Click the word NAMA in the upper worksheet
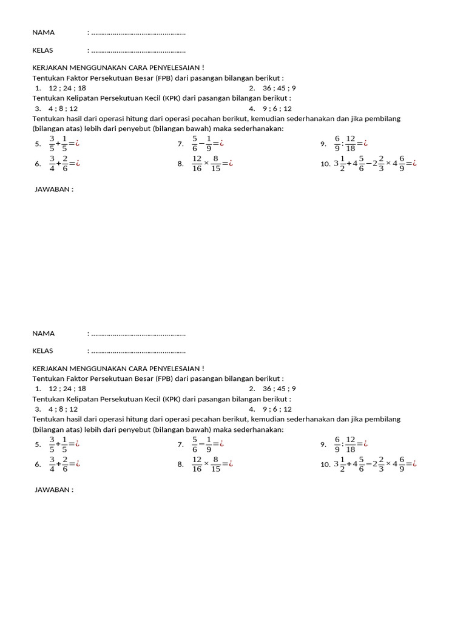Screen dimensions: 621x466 [x=43, y=33]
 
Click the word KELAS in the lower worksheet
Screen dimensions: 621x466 [x=42, y=351]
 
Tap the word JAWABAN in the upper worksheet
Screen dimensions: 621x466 [x=54, y=189]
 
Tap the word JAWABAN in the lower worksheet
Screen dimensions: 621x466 [x=54, y=489]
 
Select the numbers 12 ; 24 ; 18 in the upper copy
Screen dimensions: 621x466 [x=67, y=88]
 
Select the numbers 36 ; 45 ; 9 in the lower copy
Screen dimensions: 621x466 [x=279, y=389]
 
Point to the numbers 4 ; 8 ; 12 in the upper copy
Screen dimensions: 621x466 [x=63, y=109]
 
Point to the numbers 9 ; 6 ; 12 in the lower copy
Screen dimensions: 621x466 [x=277, y=409]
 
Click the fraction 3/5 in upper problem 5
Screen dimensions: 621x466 [x=52, y=144]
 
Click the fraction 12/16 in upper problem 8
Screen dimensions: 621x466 [x=197, y=163]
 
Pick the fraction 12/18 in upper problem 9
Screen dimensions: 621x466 [x=351, y=144]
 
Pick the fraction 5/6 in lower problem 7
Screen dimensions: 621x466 [x=195, y=445]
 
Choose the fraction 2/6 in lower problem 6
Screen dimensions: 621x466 [x=64, y=464]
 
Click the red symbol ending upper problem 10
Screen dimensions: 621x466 [x=414, y=163]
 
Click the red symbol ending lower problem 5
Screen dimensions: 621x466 [x=77, y=445]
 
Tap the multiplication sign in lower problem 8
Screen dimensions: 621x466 [x=206, y=464]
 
